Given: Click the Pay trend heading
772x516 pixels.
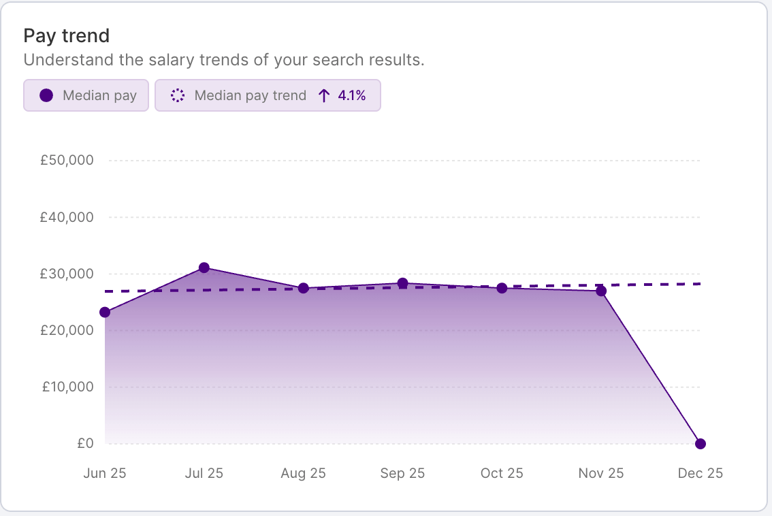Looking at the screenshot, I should point(67,35).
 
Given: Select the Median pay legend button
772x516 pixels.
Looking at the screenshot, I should point(86,95).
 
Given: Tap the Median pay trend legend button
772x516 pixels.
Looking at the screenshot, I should point(268,95).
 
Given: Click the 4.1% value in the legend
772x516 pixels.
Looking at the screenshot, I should point(351,95).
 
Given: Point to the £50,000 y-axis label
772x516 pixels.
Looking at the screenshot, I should point(67,161).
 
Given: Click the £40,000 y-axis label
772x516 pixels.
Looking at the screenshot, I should point(67,217).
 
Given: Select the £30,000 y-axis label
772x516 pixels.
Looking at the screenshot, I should point(67,274).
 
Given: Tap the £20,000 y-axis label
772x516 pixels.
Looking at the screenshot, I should point(67,330).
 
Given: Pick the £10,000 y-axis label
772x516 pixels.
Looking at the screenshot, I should point(67,387).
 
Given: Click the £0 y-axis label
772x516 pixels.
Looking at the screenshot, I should point(85,443).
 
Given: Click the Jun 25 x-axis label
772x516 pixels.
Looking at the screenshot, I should point(105,473).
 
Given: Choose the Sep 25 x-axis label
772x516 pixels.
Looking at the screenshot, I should point(402,473).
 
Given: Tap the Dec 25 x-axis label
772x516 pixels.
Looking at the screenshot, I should point(700,473).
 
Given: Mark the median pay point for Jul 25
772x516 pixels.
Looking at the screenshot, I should point(204,268).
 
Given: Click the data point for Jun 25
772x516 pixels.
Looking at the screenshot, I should point(105,312).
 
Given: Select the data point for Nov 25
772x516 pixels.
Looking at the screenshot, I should point(601,291).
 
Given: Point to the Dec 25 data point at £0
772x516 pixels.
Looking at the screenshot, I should point(701,444).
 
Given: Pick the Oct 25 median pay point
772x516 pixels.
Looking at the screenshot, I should point(502,288).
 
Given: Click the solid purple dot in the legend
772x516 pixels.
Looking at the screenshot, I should point(46,95).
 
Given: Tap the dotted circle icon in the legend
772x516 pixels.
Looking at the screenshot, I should point(178,95).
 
